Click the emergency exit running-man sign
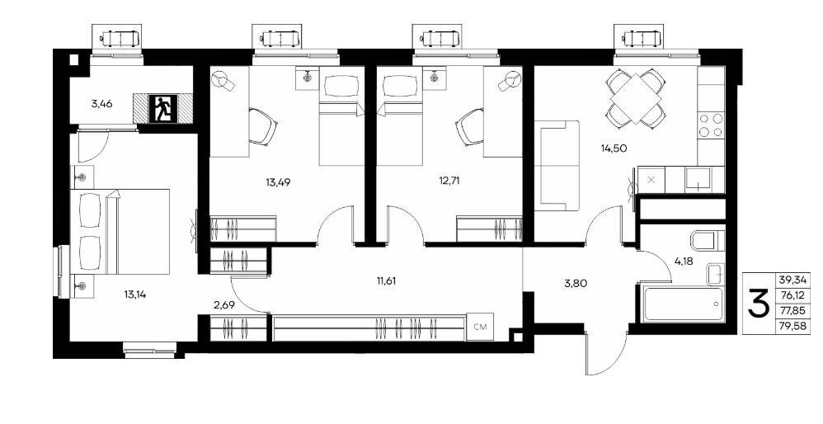pyautogui.click(x=162, y=109)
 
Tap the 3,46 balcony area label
pyautogui.click(x=101, y=103)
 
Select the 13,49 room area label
pyautogui.click(x=278, y=182)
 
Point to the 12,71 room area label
pyautogui.click(x=452, y=181)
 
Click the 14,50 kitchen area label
pyautogui.click(x=614, y=148)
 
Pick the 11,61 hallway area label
pyautogui.click(x=386, y=280)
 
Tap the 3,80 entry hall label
pyautogui.click(x=576, y=284)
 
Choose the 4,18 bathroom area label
pyautogui.click(x=683, y=261)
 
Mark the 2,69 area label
pyautogui.click(x=223, y=304)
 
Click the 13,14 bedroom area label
pyautogui.click(x=135, y=294)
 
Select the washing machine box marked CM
pyautogui.click(x=480, y=327)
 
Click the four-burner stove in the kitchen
pyautogui.click(x=711, y=125)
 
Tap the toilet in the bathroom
pyautogui.click(x=708, y=241)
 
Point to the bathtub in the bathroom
pyautogui.click(x=683, y=304)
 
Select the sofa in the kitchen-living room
pyautogui.click(x=557, y=165)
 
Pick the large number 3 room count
pyautogui.click(x=759, y=303)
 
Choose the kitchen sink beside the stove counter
pyautogui.click(x=698, y=179)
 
